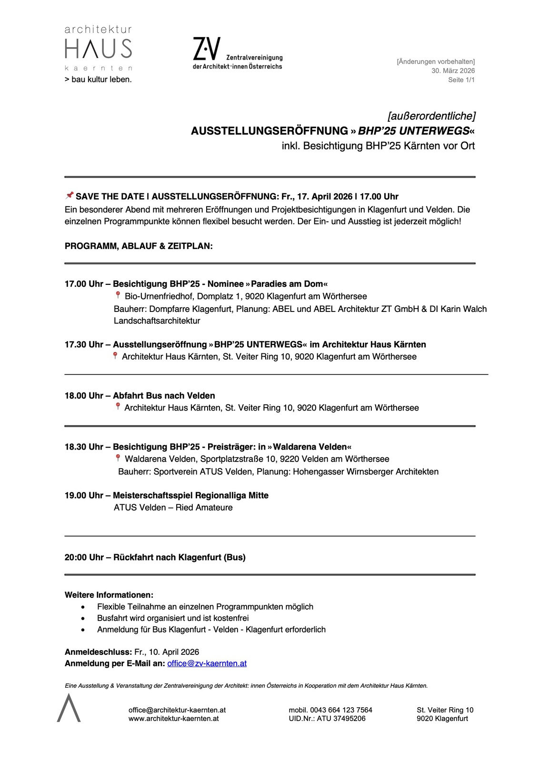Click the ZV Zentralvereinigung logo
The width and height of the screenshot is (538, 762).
pos(237,54)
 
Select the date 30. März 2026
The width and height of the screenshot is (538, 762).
pos(453,70)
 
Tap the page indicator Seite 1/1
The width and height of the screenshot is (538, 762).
pos(461,80)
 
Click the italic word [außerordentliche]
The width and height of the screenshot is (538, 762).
pos(431,116)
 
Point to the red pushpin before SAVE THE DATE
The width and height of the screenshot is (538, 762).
pos(70,195)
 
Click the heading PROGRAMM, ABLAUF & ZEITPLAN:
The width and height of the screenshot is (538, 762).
pos(139,246)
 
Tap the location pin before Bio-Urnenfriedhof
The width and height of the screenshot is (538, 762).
pos(118,296)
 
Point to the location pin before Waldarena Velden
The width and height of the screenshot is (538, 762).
pos(118,458)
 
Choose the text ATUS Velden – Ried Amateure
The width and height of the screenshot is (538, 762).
pos(173,507)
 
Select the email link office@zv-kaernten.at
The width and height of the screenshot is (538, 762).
pos(207,663)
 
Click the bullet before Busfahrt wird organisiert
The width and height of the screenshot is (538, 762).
pos(84,618)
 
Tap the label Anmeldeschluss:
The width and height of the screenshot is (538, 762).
pos(98,652)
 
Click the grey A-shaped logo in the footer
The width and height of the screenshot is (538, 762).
pos(69,708)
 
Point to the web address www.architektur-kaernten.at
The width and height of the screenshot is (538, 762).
pos(173,719)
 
